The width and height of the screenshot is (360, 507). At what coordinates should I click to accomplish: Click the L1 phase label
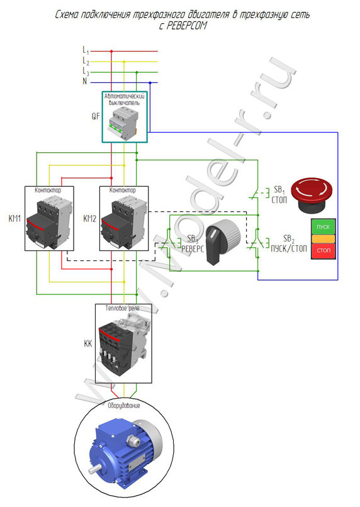pos(86,50)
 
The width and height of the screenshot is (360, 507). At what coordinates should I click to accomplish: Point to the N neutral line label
pos(85,81)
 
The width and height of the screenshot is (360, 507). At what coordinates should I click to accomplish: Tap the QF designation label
pos(96,116)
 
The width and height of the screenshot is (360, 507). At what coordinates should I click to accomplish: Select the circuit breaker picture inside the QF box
pos(125,123)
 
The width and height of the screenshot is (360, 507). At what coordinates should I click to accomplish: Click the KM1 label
pos(15,218)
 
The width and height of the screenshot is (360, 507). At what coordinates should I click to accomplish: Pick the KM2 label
pos(90,218)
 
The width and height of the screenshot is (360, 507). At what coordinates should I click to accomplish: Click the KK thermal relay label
pos(88,343)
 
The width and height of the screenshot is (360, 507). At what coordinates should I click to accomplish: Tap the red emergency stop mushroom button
pos(312,195)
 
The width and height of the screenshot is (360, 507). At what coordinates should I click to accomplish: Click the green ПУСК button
pos(323,226)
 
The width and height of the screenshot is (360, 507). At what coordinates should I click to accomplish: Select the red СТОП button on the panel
pos(323,250)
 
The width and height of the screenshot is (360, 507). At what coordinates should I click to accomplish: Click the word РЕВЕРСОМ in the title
pos(183,26)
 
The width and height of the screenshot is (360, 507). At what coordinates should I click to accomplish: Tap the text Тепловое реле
pos(123,308)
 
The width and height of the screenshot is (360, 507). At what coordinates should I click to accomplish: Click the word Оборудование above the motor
pos(124,406)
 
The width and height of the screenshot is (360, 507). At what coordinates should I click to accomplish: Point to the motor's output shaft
pos(93,468)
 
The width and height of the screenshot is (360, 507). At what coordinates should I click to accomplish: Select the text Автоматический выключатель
pos(125,99)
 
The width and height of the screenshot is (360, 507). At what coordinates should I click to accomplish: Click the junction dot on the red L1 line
pos(111,51)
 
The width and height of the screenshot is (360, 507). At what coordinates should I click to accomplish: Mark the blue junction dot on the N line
pos(150,83)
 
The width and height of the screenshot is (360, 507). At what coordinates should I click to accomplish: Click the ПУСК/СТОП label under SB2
pos(289,248)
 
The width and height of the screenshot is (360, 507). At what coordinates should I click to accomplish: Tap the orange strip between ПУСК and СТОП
pos(323,238)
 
